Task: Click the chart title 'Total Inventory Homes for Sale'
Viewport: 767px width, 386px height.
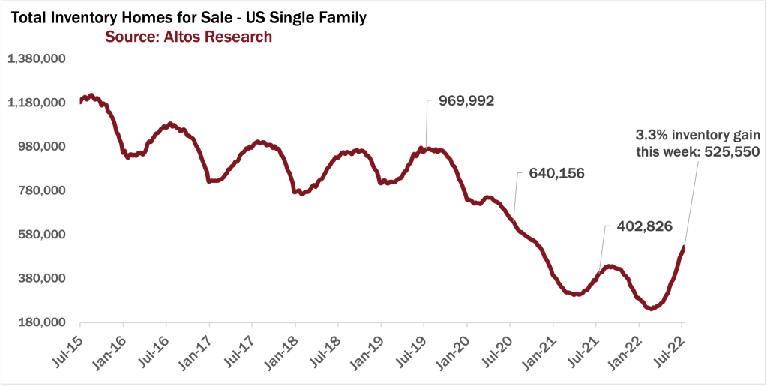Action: point(187,17)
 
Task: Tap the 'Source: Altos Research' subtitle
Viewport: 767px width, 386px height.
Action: point(188,37)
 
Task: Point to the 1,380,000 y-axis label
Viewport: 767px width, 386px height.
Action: point(37,59)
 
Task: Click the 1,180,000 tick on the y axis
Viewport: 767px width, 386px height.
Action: point(37,103)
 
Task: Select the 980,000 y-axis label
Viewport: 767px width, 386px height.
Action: point(42,147)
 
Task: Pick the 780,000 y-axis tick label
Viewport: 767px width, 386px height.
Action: point(42,190)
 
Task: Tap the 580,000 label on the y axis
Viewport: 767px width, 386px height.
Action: point(42,235)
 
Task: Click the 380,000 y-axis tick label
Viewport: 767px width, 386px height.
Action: point(42,278)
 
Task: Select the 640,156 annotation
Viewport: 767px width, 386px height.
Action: point(556,174)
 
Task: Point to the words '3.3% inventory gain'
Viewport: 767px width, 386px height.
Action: point(698,136)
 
